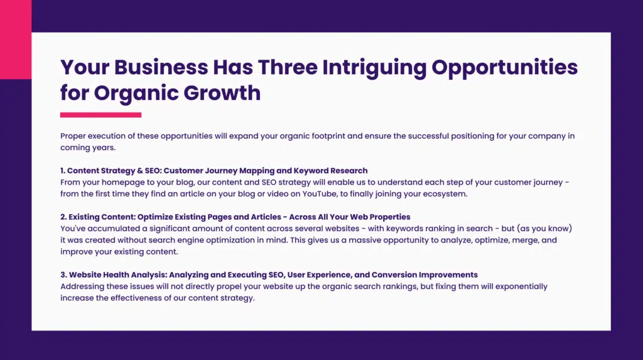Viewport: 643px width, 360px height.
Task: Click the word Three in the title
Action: (286, 67)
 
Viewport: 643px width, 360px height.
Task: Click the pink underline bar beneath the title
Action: (100, 115)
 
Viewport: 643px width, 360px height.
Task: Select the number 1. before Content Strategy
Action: (63, 170)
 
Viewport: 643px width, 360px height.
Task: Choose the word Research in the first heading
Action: (349, 170)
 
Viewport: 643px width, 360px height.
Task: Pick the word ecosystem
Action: (446, 194)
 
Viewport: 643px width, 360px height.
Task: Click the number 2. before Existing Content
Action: (63, 217)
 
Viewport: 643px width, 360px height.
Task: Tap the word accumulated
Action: (112, 229)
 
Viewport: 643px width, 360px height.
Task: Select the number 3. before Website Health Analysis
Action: (63, 275)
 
